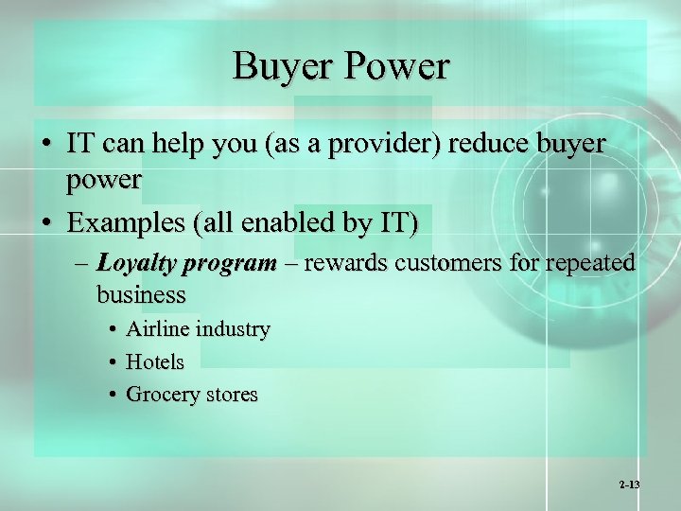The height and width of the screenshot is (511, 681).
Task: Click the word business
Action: coord(141,294)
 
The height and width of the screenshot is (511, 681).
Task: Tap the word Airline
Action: coord(157,329)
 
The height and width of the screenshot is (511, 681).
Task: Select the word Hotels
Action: coord(155,361)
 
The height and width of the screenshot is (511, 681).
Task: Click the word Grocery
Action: coord(160,395)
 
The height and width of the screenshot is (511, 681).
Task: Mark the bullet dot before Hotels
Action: coord(112,362)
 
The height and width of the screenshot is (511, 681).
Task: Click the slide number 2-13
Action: coord(629,485)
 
